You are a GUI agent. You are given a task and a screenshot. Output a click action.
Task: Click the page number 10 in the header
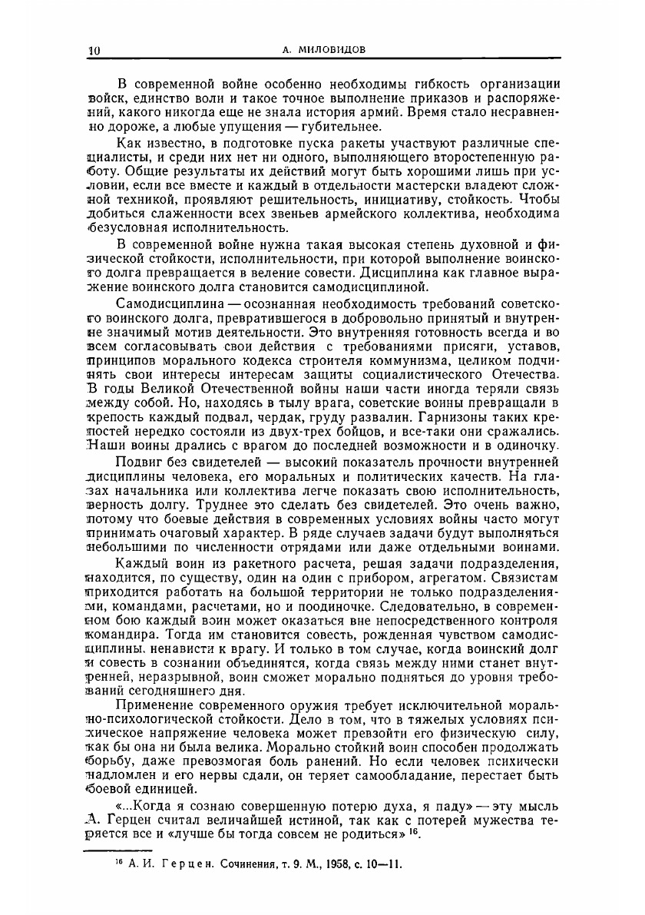tap(94, 50)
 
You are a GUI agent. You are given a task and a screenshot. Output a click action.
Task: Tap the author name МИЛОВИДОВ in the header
tap(334, 50)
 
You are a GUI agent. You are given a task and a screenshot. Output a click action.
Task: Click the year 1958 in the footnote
tap(335, 863)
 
